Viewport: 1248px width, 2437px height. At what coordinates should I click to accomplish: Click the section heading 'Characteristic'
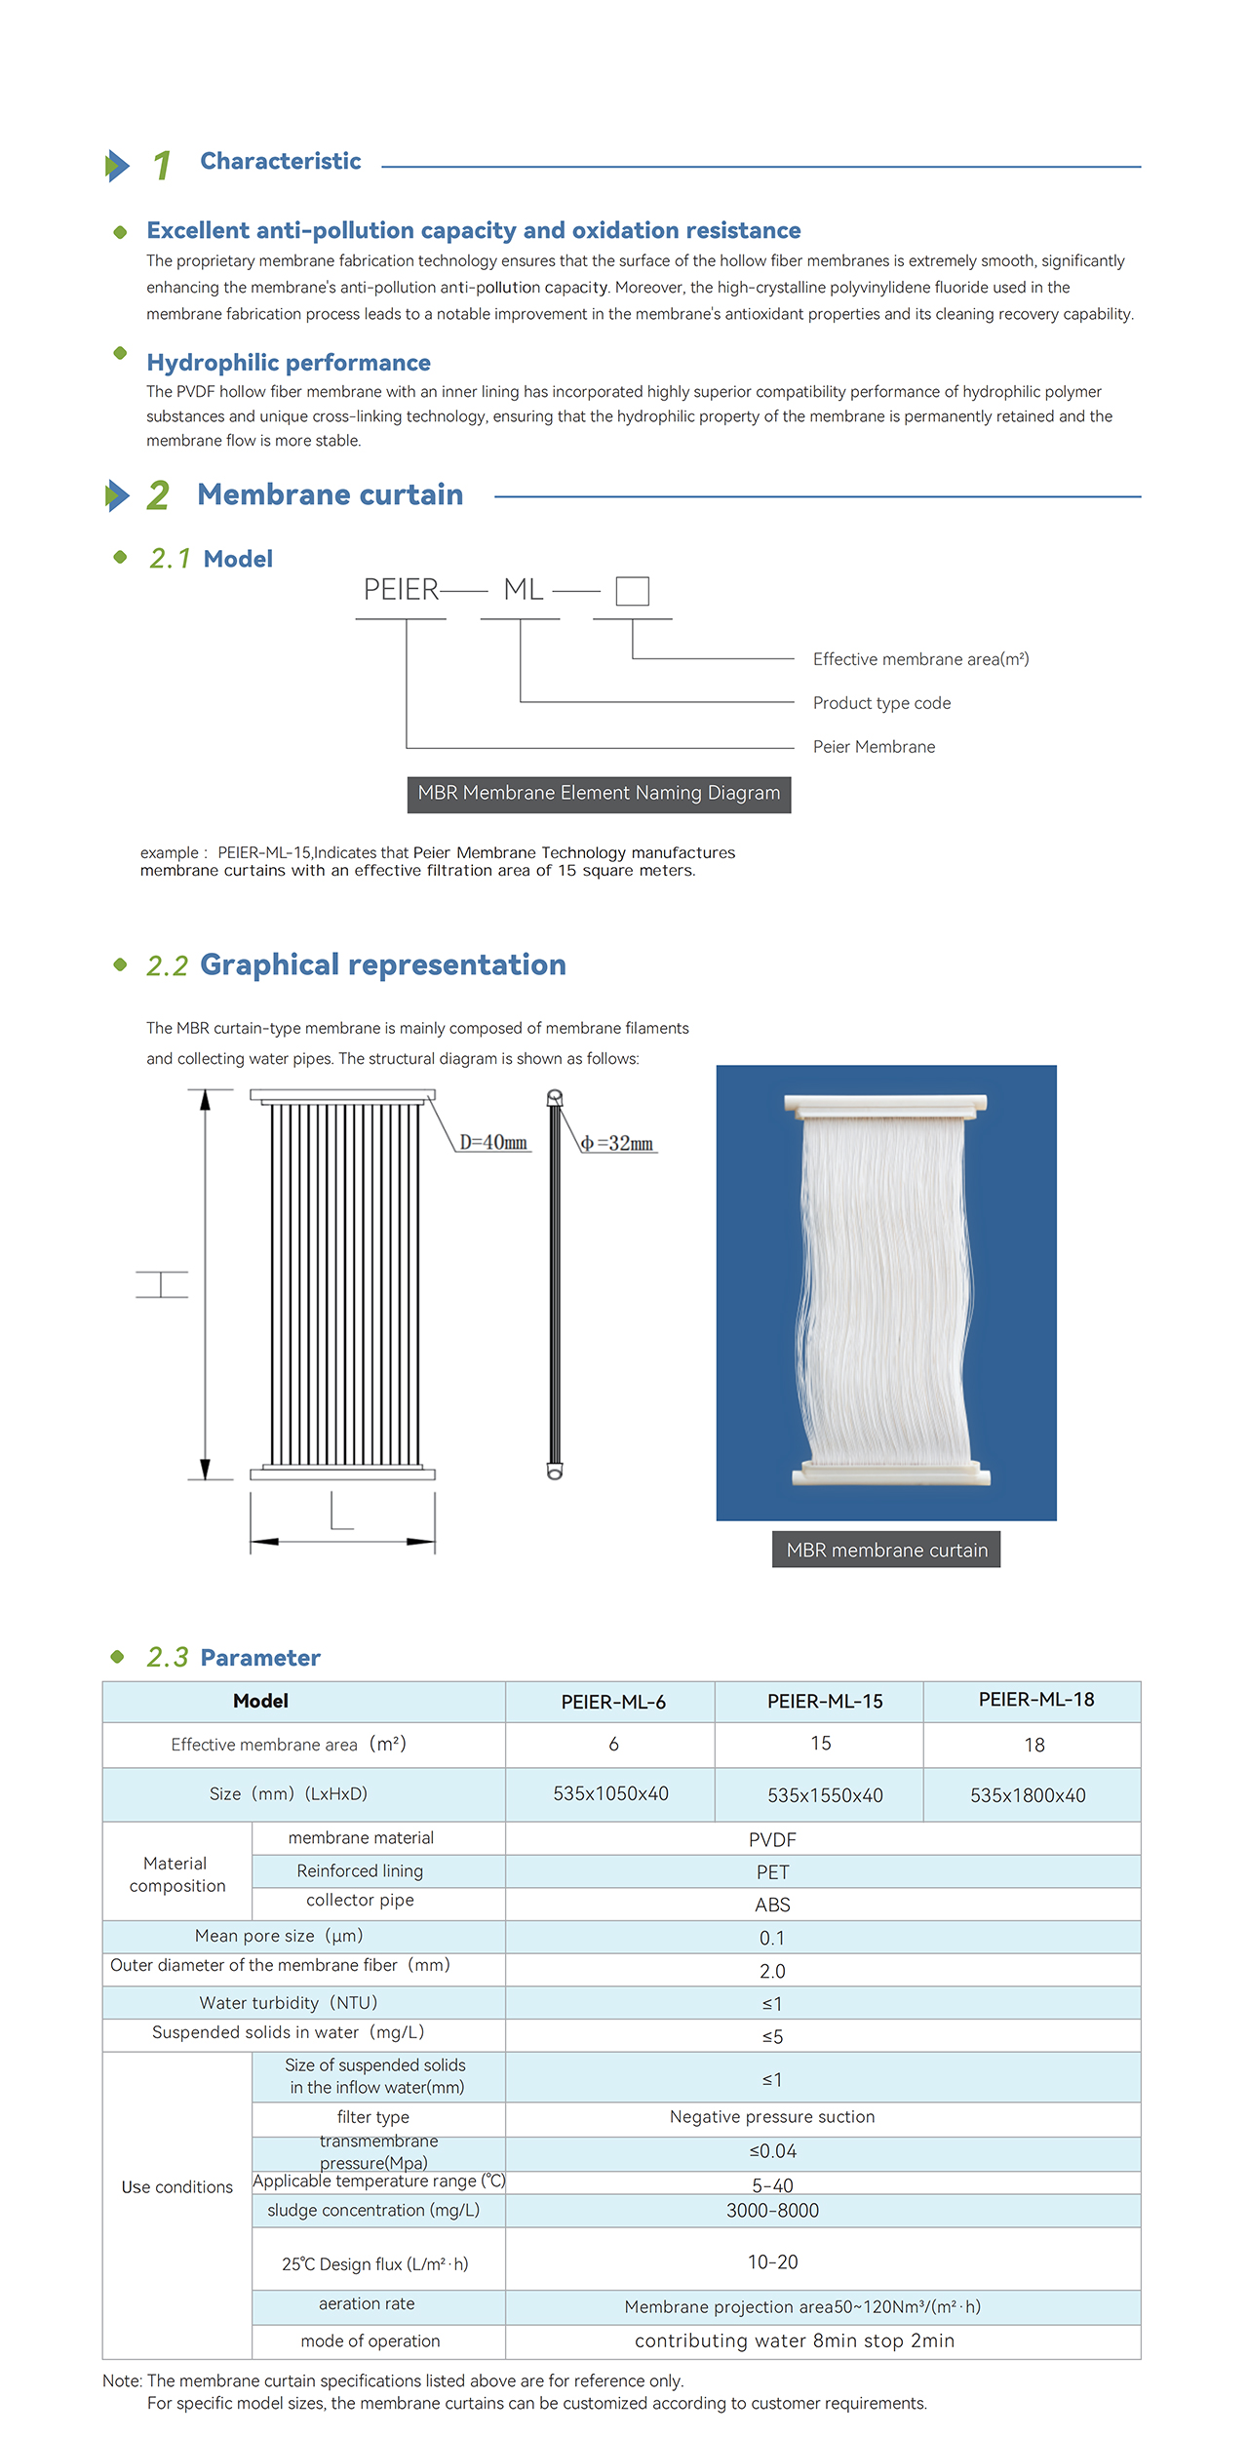[280, 161]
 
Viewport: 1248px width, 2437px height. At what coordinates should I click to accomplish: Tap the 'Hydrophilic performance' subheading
[289, 363]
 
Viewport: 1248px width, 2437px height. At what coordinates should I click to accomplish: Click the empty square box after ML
[632, 591]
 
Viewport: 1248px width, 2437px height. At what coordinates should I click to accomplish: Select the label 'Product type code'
[881, 703]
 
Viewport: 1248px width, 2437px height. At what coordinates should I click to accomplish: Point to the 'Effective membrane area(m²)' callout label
[920, 659]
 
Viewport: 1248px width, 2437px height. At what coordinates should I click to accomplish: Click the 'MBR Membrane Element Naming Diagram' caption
[599, 794]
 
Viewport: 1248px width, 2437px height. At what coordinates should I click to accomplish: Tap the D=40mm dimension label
[493, 1142]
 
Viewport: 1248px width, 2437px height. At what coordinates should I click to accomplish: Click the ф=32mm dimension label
[617, 1143]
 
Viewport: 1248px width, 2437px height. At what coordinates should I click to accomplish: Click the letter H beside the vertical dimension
[162, 1284]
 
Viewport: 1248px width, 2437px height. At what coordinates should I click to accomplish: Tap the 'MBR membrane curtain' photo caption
[886, 1550]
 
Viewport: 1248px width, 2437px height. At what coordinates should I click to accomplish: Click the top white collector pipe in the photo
[885, 1105]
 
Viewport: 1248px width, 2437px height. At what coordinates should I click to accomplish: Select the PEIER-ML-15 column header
[825, 1702]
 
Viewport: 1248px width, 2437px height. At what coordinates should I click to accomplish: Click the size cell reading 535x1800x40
[1028, 1795]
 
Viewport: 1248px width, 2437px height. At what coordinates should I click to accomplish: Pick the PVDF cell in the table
[772, 1840]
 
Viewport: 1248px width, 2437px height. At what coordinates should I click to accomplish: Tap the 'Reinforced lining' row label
[360, 1870]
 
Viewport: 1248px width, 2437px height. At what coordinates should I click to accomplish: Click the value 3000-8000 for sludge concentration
[772, 2211]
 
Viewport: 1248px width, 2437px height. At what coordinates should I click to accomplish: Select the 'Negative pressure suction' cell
[772, 2117]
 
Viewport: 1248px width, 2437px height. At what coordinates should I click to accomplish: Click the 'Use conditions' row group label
[177, 2187]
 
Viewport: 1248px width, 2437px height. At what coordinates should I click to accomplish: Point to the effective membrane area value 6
[613, 1745]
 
